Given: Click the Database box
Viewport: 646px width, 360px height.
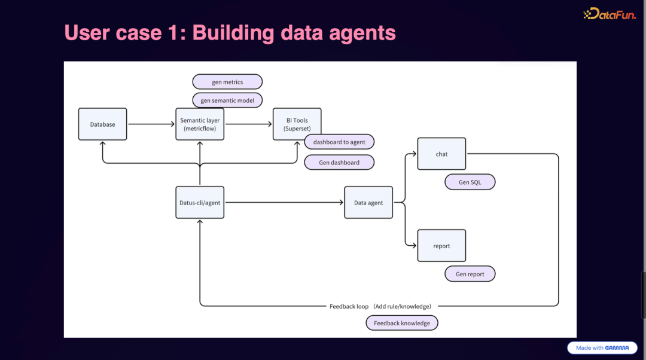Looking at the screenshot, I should click(102, 124).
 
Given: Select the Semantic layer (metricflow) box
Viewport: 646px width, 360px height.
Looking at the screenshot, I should click(200, 124).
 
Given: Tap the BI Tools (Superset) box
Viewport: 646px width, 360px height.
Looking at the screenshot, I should click(297, 120).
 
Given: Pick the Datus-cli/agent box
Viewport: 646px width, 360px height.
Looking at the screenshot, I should click(200, 203).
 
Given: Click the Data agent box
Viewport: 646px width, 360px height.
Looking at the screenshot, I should click(368, 203).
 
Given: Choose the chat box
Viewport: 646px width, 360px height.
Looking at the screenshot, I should click(441, 154).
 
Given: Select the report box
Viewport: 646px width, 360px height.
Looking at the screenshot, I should click(441, 246).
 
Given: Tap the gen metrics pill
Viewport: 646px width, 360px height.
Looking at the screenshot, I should click(227, 82).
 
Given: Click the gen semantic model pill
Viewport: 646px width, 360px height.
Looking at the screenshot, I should click(227, 100).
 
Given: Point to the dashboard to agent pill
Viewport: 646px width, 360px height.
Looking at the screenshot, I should click(339, 142).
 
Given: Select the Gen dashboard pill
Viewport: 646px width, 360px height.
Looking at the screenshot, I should click(339, 163).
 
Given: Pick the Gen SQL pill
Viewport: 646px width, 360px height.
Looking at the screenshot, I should click(470, 182).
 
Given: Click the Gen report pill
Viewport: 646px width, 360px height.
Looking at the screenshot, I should click(470, 274).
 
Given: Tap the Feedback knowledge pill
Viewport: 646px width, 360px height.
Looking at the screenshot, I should click(402, 323).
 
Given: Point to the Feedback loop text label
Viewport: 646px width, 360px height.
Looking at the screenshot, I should click(380, 306).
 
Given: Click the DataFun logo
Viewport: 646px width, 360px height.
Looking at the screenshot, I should click(610, 14).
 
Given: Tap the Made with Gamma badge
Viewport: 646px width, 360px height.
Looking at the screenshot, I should click(602, 347).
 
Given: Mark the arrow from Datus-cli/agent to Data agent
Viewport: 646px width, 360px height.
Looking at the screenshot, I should click(284, 203).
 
